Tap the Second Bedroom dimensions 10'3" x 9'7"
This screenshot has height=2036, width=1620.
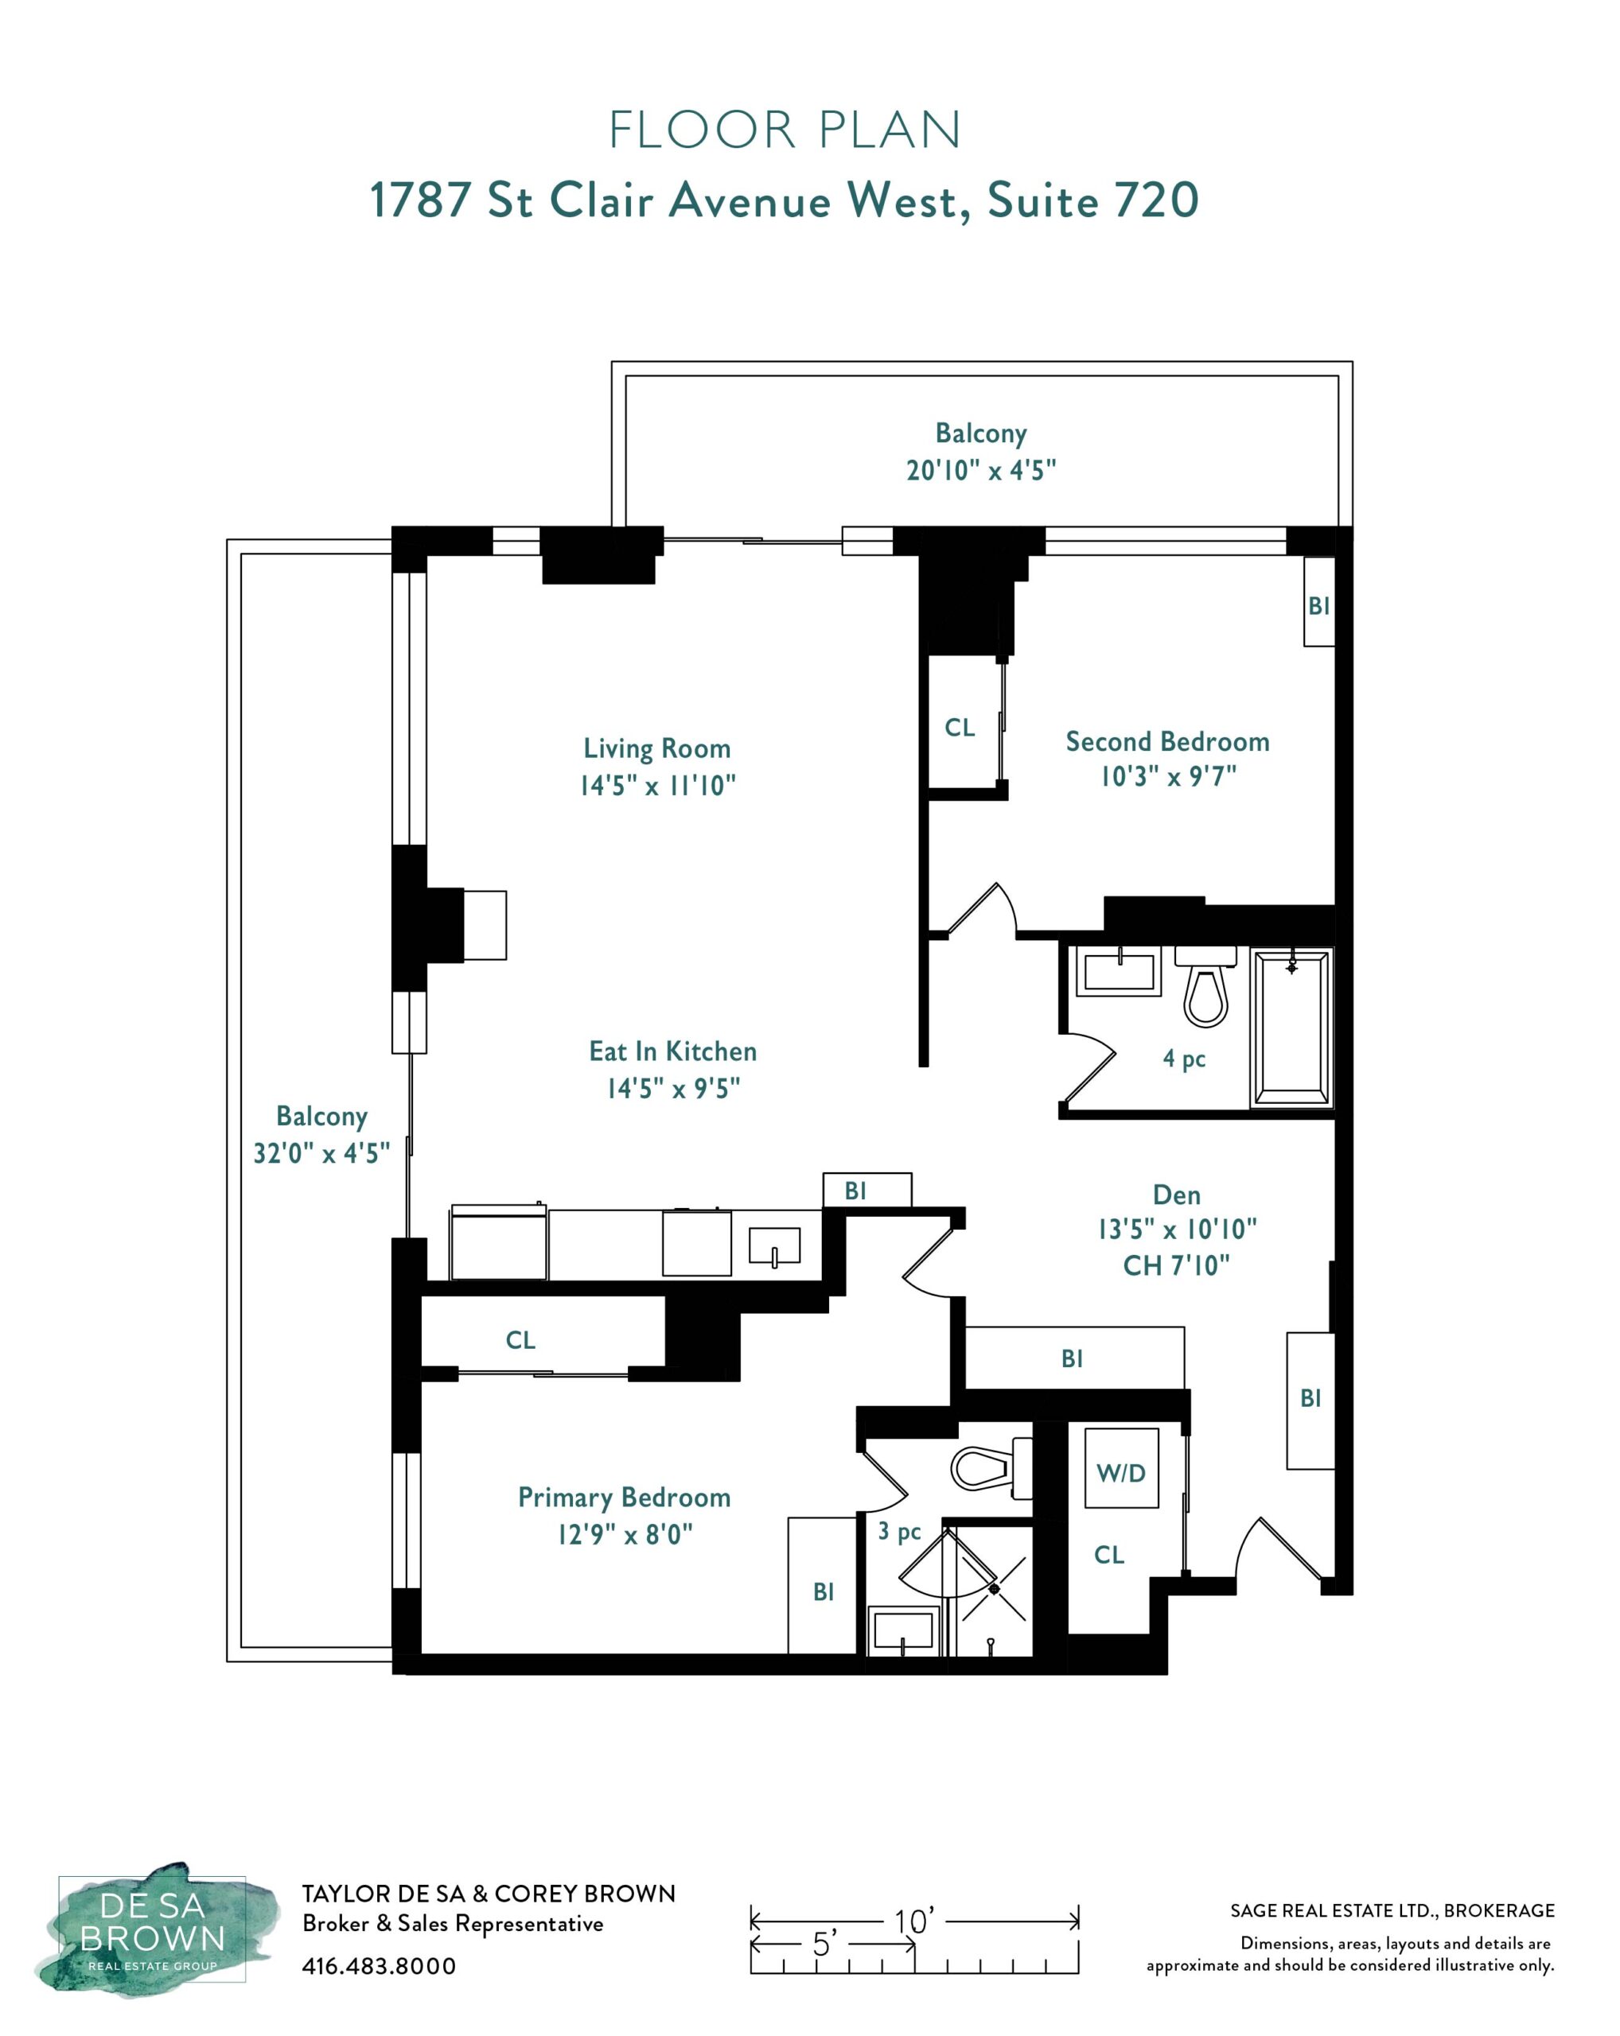point(1167,776)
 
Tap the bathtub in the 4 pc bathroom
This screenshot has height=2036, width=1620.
point(1291,1028)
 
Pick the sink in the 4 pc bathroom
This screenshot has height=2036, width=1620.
point(1120,972)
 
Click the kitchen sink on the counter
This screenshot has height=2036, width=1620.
point(773,1246)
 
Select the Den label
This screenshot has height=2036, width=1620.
point(1177,1195)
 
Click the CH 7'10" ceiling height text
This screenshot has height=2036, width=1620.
point(1176,1265)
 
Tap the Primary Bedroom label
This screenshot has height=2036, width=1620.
point(625,1498)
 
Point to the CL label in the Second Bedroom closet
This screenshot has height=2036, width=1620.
point(960,727)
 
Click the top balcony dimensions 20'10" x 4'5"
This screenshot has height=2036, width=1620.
point(981,470)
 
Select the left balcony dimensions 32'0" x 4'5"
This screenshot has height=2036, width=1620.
point(321,1153)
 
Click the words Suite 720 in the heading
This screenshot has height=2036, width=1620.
point(1093,200)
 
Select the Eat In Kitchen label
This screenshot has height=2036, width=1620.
point(672,1051)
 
